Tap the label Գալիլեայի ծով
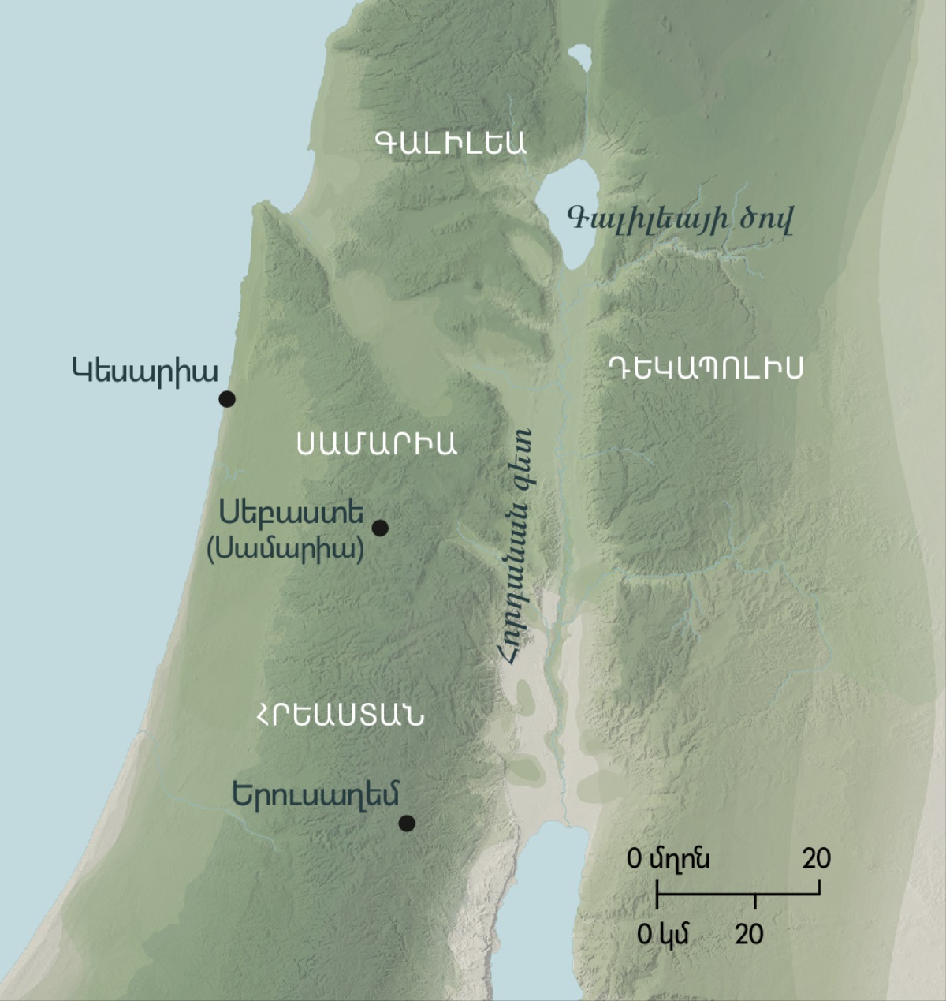click(680, 218)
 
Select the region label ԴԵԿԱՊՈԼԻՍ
click(706, 368)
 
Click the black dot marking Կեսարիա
click(227, 399)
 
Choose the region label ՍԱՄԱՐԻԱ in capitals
click(377, 444)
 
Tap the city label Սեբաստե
click(292, 513)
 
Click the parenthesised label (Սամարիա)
click(285, 549)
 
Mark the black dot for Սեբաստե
click(380, 528)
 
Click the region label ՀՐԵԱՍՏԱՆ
click(339, 715)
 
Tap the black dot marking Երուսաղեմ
click(407, 824)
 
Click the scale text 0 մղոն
click(668, 857)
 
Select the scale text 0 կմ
click(663, 935)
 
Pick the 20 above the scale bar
click(817, 857)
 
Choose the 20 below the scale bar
click(749, 935)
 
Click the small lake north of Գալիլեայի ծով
click(581, 59)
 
